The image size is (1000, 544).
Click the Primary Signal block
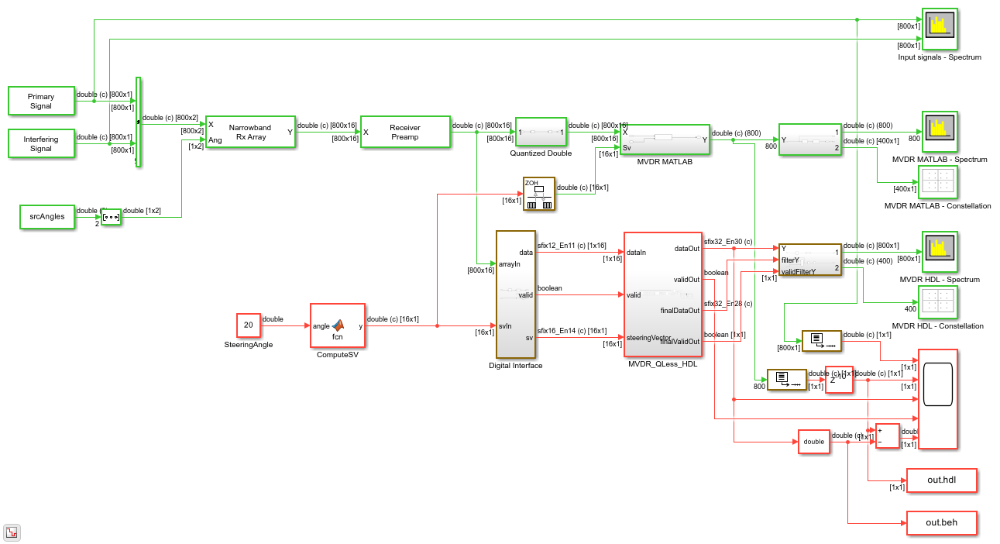click(41, 102)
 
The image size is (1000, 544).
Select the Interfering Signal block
click(41, 144)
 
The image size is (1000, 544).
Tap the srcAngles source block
click(47, 217)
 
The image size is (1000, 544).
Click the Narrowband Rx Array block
click(249, 133)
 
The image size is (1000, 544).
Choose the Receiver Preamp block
click(404, 133)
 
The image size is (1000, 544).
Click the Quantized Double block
click(541, 132)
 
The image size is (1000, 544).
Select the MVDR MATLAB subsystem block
click(665, 140)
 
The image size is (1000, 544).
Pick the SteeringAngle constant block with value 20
click(248, 325)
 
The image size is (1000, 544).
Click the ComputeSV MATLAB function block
click(337, 326)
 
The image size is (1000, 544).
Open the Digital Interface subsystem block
click(515, 294)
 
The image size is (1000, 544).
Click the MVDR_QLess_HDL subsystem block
click(663, 294)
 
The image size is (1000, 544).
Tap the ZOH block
click(539, 195)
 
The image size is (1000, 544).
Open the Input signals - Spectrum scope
click(939, 29)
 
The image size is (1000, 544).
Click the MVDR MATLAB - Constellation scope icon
click(937, 183)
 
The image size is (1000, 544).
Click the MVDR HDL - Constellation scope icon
click(937, 303)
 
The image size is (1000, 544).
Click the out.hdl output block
click(941, 480)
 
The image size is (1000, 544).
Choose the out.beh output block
click(941, 523)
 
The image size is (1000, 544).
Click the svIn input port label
click(505, 326)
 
